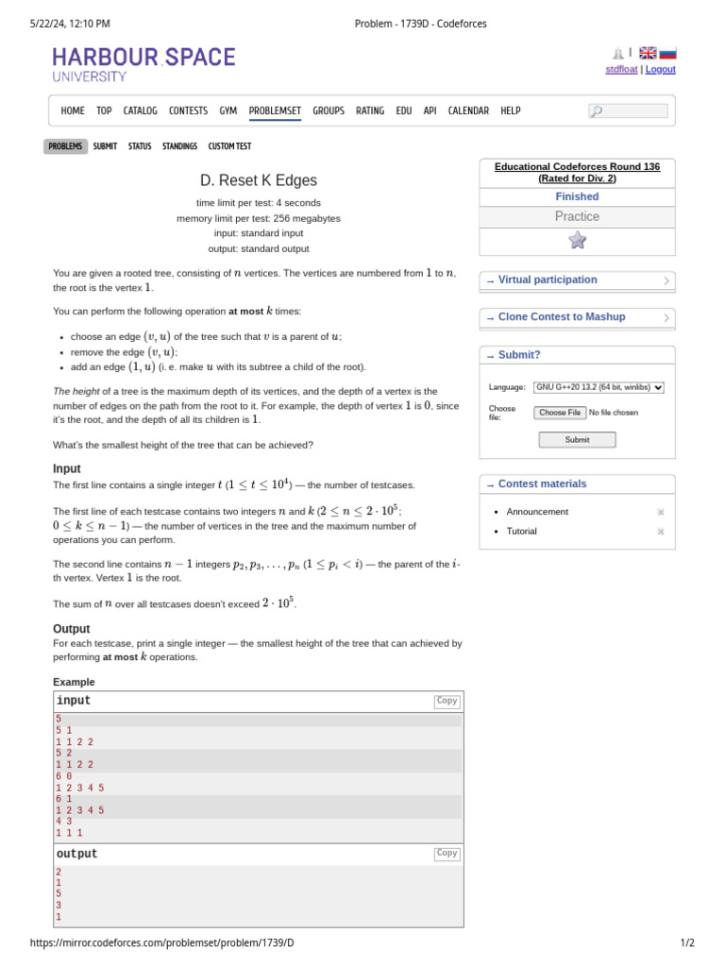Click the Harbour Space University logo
[143, 63]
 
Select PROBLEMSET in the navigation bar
[275, 110]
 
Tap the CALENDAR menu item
[468, 110]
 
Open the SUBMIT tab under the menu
[105, 146]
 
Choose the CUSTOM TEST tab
[229, 146]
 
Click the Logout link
[660, 69]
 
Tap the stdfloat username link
[621, 69]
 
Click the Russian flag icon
[667, 53]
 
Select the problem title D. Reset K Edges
[258, 180]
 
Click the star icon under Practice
[577, 240]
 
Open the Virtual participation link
[548, 280]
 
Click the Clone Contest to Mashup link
[561, 317]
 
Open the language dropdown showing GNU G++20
[599, 387]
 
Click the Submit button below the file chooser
[577, 439]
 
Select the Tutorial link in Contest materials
[521, 531]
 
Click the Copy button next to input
[447, 701]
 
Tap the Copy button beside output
[447, 853]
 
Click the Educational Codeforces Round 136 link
[577, 172]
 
